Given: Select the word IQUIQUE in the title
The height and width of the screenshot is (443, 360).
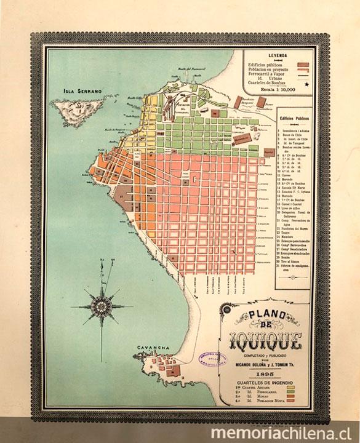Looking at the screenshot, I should pyautogui.click(x=265, y=338).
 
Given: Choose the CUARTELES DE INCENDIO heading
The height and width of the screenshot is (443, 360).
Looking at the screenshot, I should pyautogui.click(x=265, y=382).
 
